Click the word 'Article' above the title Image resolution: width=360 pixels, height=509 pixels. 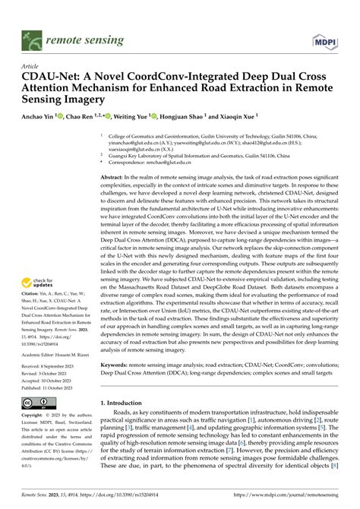coord(30,67)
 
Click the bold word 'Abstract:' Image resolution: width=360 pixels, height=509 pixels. coord(114,176)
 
